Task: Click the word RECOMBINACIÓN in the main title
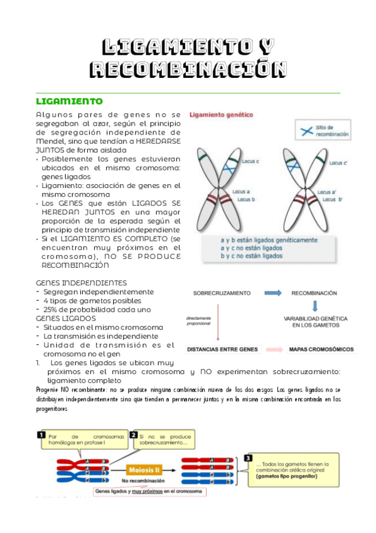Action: [x=188, y=69]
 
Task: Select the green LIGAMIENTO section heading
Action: [x=69, y=101]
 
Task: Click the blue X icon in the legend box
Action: [x=306, y=131]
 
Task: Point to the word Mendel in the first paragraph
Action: [x=51, y=141]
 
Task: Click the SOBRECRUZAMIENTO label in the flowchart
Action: [x=222, y=293]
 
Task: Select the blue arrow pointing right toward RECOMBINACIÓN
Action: [x=272, y=293]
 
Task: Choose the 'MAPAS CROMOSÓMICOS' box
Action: [x=321, y=349]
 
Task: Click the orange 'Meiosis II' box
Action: [x=146, y=469]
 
